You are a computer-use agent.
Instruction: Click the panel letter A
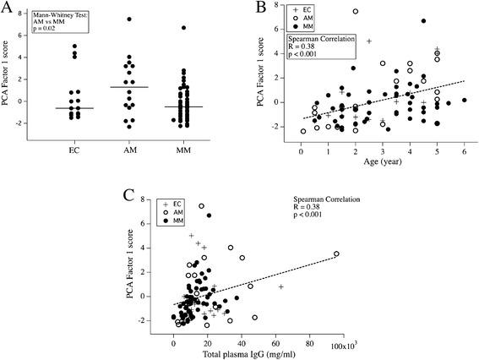[12, 10]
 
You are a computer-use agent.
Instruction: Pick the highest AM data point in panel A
[129, 19]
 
